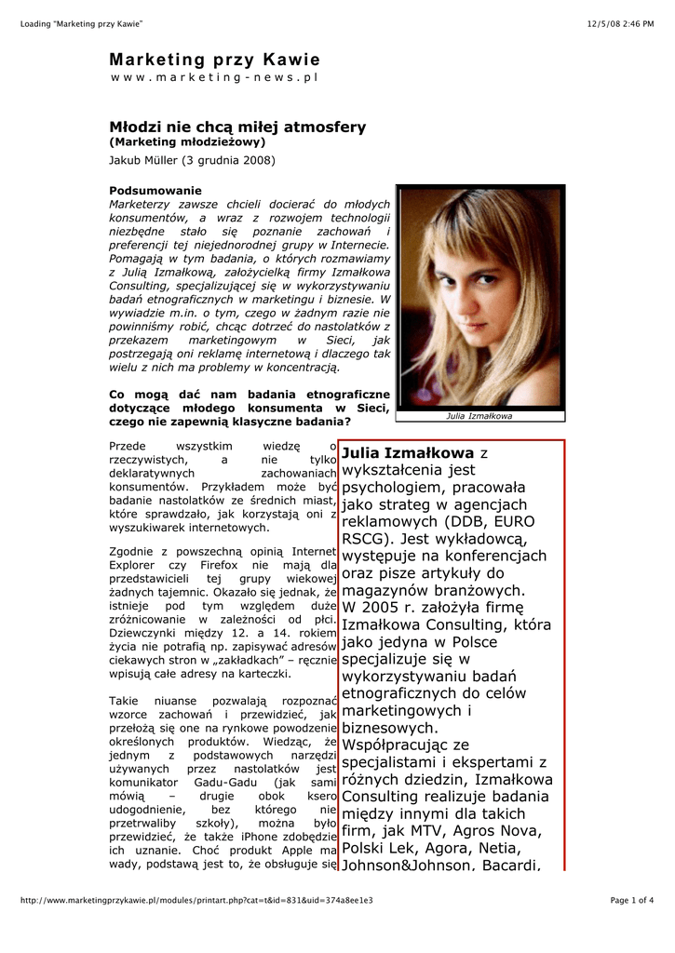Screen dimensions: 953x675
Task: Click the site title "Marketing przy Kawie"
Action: click(214, 60)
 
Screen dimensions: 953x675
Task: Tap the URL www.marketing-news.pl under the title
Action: click(214, 78)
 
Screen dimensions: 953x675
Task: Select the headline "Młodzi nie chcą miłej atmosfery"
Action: click(237, 127)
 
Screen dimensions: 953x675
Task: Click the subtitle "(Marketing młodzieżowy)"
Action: click(187, 142)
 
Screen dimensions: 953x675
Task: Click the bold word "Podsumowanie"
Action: click(149, 191)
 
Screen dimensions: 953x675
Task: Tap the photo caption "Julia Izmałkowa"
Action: click(479, 416)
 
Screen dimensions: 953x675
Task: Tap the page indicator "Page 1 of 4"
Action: click(631, 900)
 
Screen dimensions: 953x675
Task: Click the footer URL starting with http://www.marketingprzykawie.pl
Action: click(196, 900)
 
